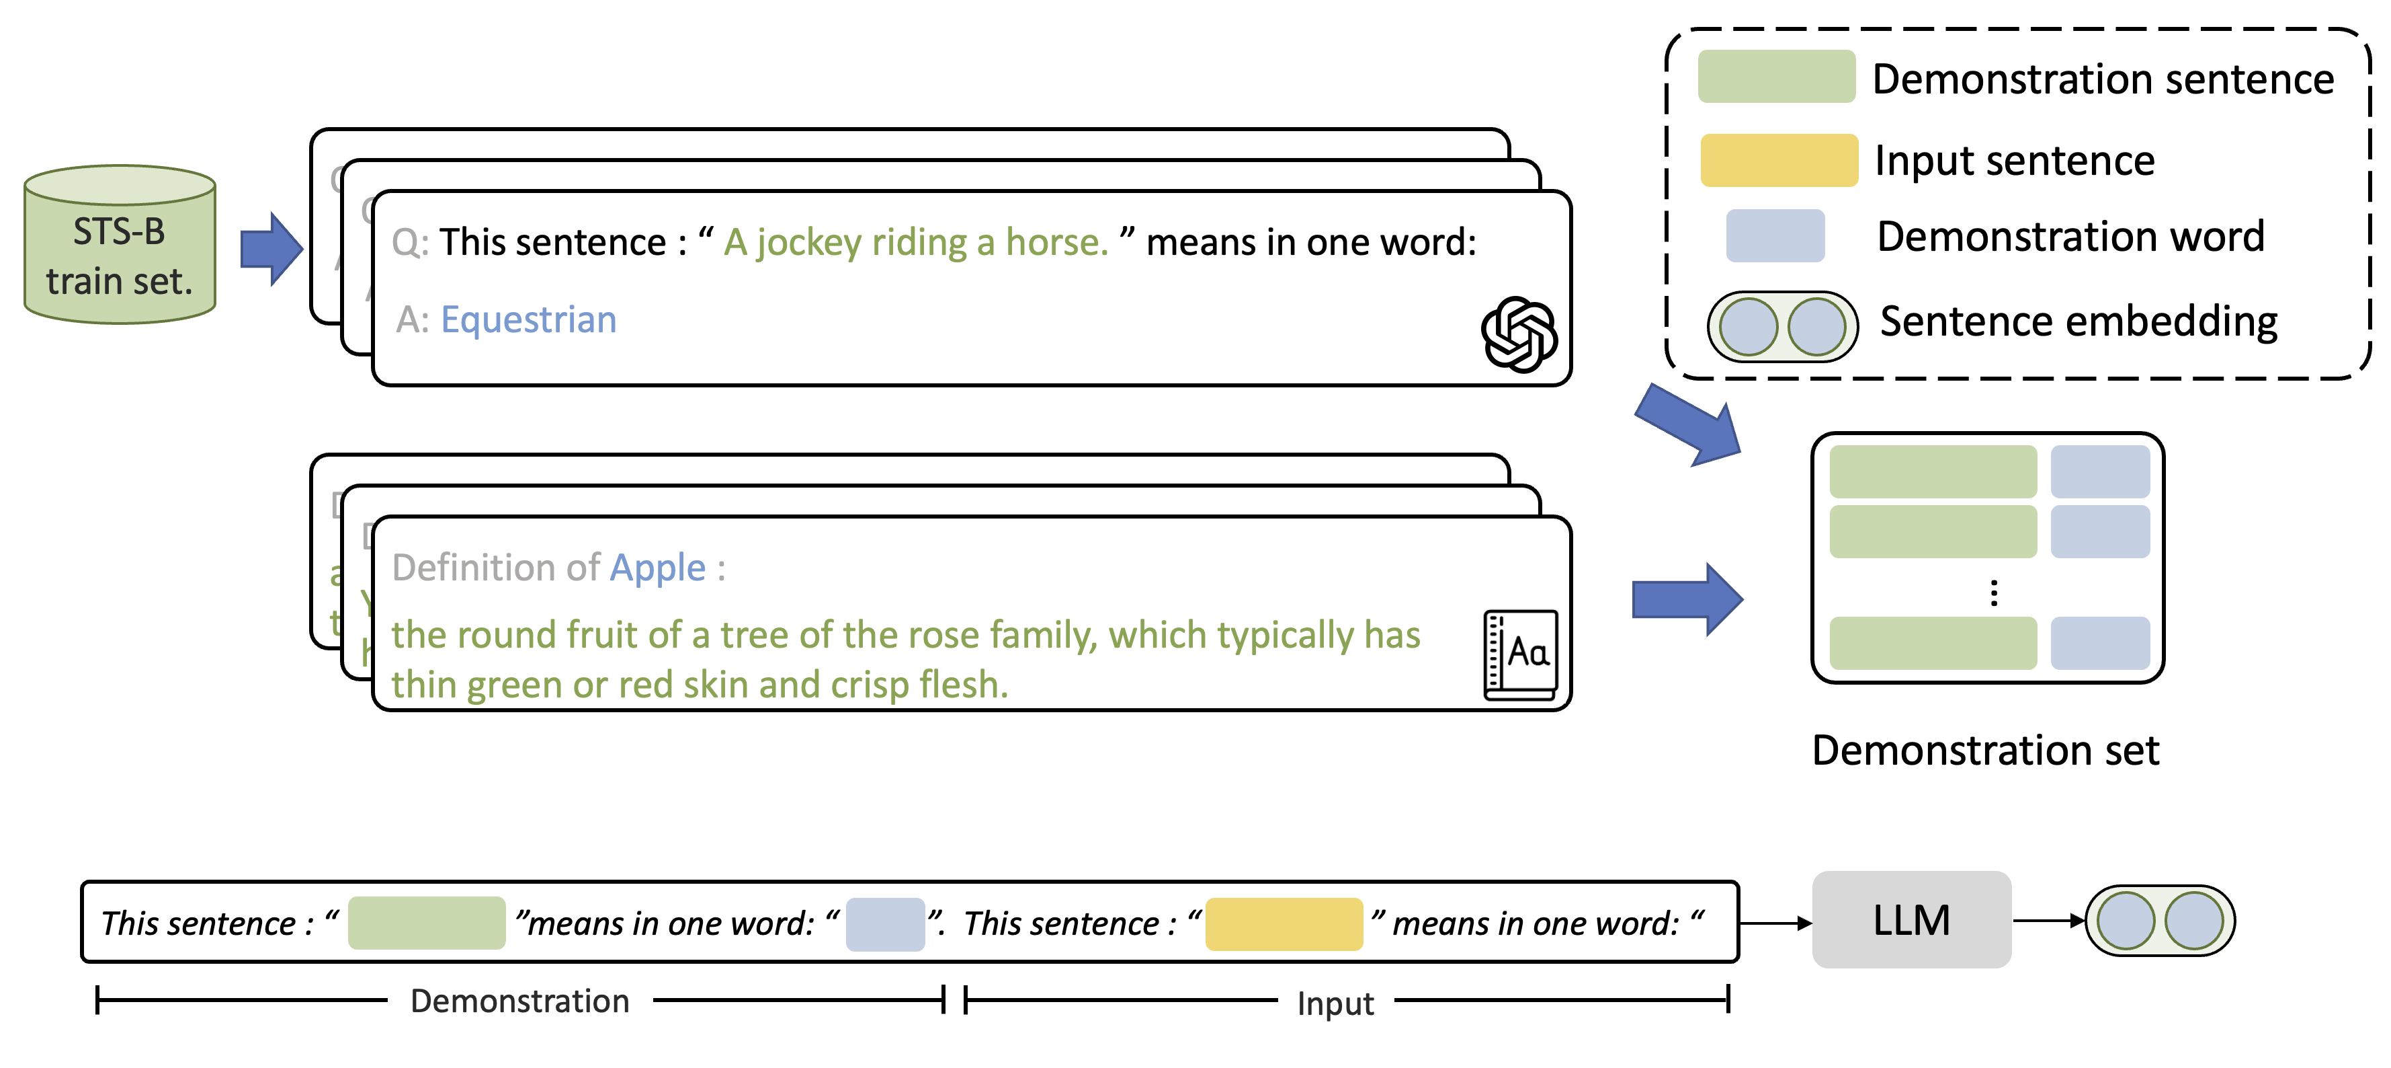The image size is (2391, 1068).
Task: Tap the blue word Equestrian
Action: coord(528,319)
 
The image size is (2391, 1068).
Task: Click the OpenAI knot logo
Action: coord(1519,334)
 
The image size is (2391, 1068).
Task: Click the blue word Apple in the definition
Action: coord(657,568)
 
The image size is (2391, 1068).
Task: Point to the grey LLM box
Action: coord(1911,920)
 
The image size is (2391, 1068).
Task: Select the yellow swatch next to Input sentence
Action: coord(1778,161)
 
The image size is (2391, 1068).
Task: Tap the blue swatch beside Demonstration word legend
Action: coord(1775,236)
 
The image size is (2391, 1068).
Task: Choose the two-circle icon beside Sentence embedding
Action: coord(1782,326)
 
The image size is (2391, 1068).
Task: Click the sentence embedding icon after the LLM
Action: coord(2160,920)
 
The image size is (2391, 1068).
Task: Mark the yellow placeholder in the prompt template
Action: coord(1284,924)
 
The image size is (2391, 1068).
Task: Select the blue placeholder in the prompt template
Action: coord(884,924)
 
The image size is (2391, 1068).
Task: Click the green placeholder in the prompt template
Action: coord(426,923)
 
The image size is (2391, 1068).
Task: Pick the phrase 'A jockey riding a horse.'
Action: coord(916,242)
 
